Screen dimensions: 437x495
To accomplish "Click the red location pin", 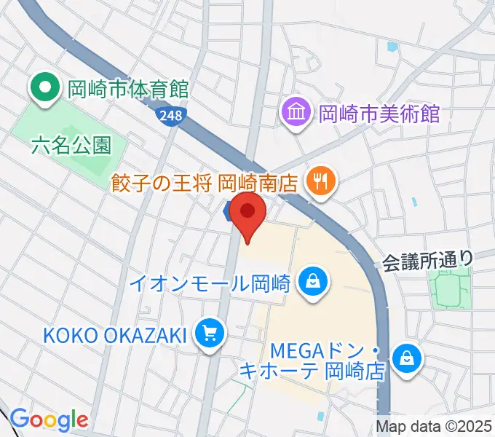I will pos(248,213).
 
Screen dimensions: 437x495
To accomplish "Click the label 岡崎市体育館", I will pos(128,90).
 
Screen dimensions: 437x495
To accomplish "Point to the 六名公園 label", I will pos(72,145).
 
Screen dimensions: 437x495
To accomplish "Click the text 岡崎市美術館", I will pos(380,113).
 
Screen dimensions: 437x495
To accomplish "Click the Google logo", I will pos(49,420).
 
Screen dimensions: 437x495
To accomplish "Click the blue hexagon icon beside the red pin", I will pos(229,211).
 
